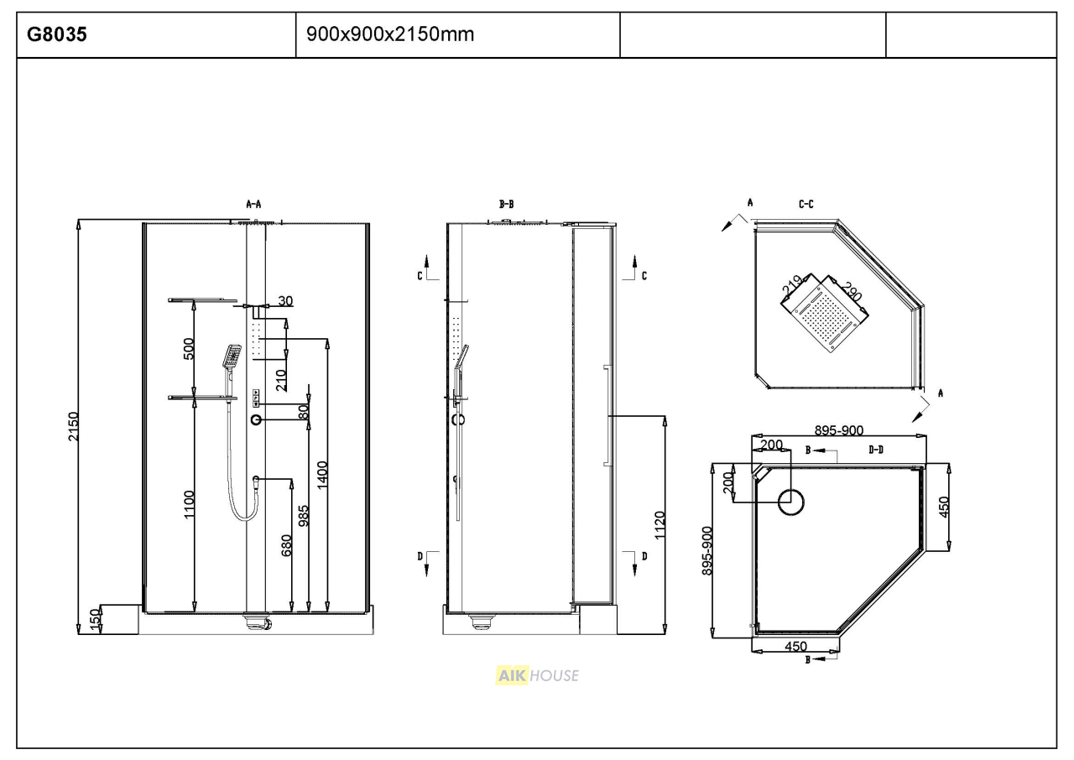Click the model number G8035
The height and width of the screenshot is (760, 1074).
coord(56,34)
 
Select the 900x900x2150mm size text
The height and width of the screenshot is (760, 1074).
coord(390,34)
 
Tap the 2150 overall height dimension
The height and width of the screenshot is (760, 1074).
coord(73,426)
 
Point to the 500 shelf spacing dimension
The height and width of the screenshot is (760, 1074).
coord(189,349)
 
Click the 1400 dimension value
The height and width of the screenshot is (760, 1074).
coord(322,475)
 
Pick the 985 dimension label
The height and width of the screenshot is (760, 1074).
coord(304,516)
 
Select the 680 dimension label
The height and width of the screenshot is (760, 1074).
coord(286,545)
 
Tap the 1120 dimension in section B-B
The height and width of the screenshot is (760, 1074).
coord(660,525)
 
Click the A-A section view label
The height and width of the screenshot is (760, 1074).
coord(253,205)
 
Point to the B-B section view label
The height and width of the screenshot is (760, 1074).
coord(506,205)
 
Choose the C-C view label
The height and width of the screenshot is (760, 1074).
coord(806,205)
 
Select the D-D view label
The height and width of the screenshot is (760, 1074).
coord(876,450)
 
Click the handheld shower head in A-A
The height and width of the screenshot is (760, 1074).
coord(232,356)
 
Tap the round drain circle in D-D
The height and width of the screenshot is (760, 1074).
coord(790,502)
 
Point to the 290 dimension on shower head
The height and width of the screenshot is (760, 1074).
coord(852,291)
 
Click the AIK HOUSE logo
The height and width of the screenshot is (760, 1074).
coord(537,675)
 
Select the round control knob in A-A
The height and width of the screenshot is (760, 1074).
coord(257,420)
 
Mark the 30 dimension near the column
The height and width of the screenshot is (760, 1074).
coord(285,300)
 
